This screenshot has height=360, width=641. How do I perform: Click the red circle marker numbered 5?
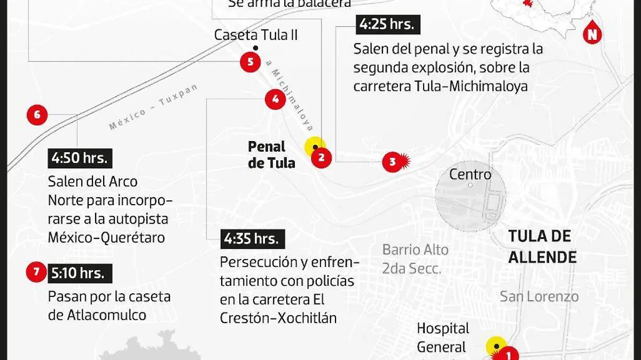coord(250,62)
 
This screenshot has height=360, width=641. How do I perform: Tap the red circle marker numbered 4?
coord(275,99)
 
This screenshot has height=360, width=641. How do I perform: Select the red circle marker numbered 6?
coord(37,114)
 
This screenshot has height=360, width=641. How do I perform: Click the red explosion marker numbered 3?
coord(393,162)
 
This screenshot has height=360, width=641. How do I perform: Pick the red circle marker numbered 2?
coord(322,157)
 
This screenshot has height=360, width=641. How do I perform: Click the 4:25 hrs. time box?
coord(388,25)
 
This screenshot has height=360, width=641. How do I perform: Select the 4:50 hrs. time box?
coord(80,158)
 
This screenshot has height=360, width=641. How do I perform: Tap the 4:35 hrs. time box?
coord(252,239)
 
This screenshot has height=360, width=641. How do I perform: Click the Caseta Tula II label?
coord(256,35)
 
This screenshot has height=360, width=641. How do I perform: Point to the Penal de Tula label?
coord(271,154)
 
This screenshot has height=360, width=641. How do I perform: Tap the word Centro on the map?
coord(470,174)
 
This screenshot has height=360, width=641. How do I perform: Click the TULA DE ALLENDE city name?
coord(542,246)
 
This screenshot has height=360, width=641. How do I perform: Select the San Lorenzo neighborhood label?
coord(539,296)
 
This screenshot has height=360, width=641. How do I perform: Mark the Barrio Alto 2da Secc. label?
coord(415,259)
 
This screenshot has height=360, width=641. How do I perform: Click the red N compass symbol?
coord(592,34)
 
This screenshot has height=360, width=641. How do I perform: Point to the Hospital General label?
coord(443,338)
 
